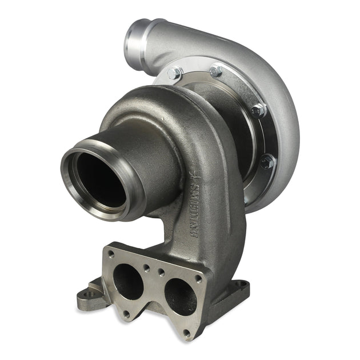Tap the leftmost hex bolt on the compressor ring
tap(175, 74)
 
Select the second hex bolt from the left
tap(216, 71)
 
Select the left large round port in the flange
tap(128, 281)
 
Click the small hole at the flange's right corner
tap(198, 279)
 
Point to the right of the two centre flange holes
tap(162, 272)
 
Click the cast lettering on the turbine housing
tap(191, 206)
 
